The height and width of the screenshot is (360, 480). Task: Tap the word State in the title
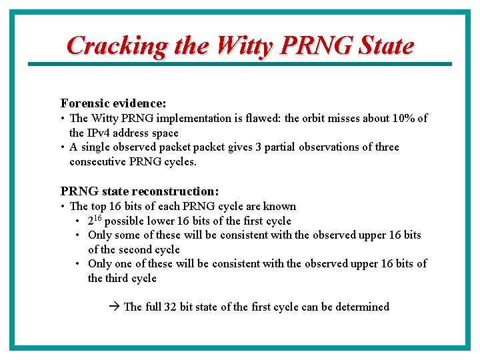[386, 46]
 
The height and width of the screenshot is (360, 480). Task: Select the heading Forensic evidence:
[113, 103]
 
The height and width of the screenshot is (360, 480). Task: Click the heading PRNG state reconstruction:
[139, 191]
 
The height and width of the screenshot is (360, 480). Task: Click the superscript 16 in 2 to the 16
[98, 218]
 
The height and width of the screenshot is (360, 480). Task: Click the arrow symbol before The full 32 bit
[113, 307]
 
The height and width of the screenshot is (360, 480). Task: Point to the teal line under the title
[240, 64]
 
